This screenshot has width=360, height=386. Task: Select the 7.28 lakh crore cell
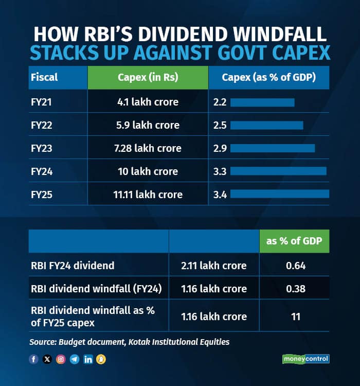[148, 148]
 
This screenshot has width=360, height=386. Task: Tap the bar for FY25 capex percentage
[280, 194]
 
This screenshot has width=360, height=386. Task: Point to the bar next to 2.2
[262, 102]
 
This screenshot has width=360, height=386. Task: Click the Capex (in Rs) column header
[148, 78]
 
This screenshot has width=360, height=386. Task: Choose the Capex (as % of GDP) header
[268, 78]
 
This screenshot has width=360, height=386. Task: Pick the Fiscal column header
[44, 78]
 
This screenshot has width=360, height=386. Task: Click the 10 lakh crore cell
[148, 171]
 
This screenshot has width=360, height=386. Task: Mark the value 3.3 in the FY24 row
[220, 171]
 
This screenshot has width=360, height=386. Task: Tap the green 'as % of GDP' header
[295, 241]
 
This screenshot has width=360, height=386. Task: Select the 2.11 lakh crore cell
[214, 266]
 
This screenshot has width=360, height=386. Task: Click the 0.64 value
[295, 266]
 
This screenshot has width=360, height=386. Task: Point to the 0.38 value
[295, 289]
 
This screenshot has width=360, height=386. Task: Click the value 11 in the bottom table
[295, 317]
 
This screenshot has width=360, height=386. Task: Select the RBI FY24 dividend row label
[72, 266]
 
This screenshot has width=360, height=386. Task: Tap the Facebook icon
[34, 359]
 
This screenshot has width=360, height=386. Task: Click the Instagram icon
[61, 359]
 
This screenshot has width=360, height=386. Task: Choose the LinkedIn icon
[88, 359]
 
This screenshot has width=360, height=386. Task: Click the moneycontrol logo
[305, 359]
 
